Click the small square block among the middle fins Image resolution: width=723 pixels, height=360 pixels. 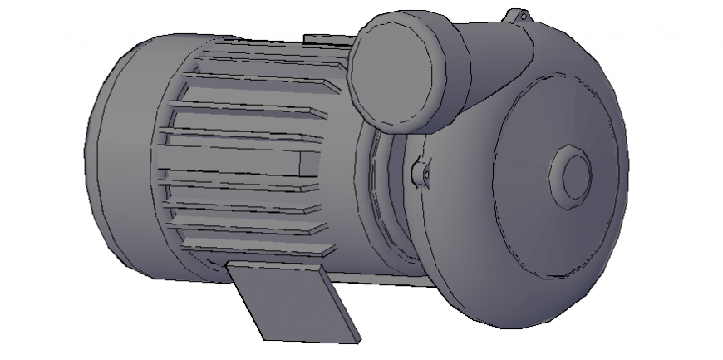click(x=306, y=162)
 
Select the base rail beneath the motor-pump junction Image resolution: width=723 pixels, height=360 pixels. click(x=391, y=279)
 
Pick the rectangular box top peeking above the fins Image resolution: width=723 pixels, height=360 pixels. click(x=326, y=39)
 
